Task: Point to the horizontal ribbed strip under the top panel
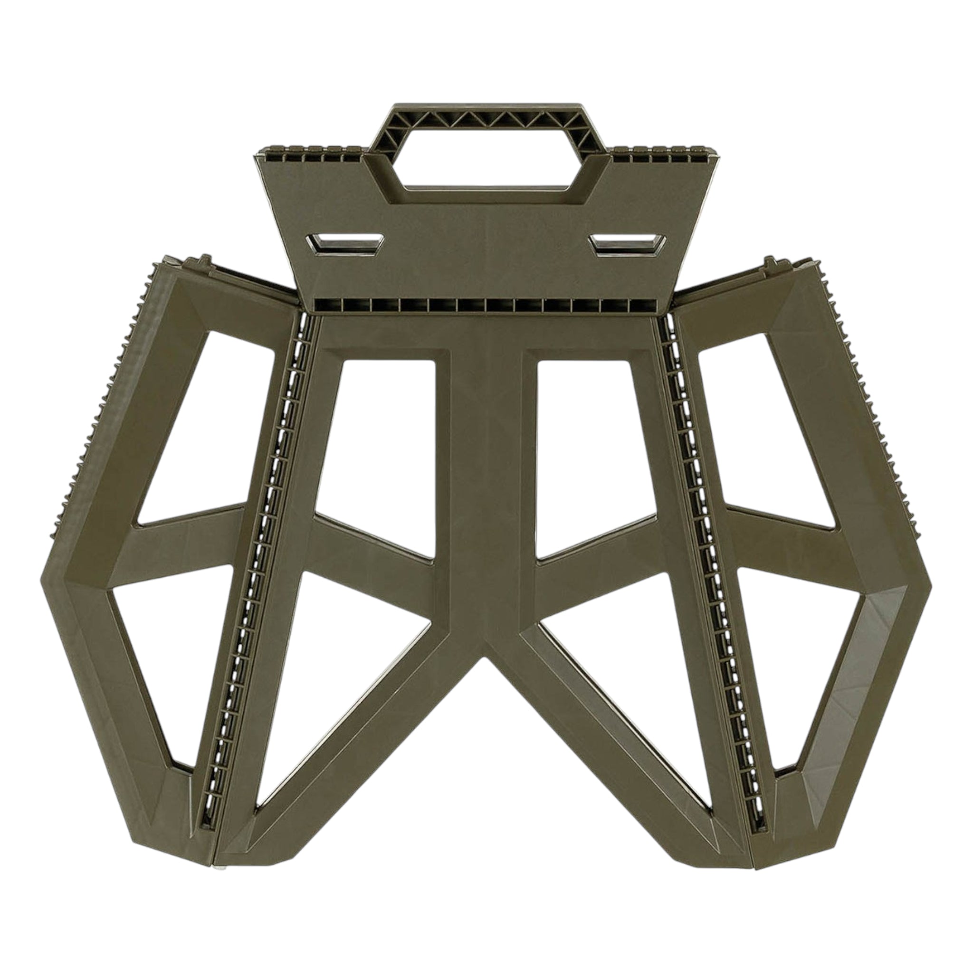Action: click(x=486, y=305)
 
